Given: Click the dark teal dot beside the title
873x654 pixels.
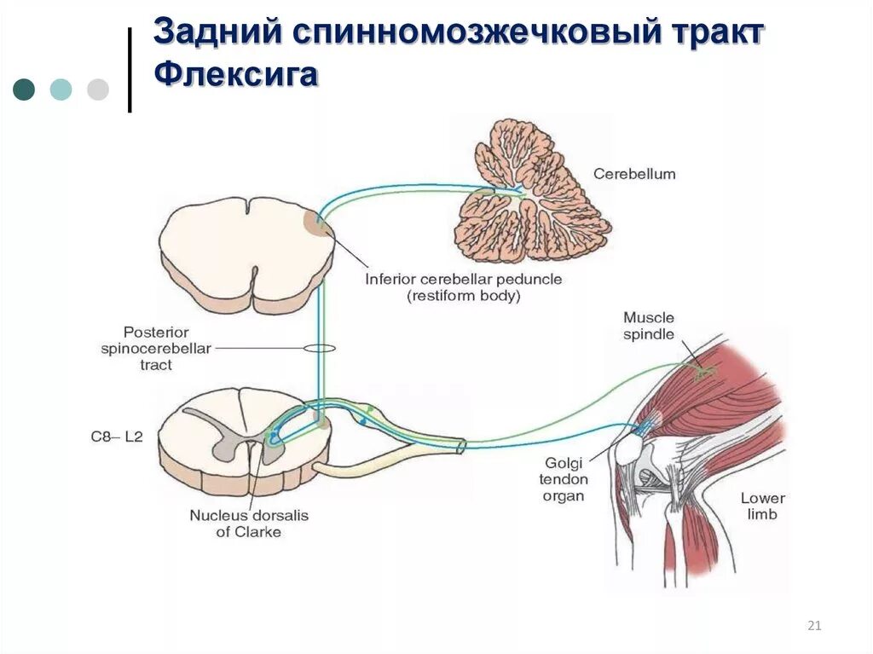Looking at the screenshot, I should (24, 90).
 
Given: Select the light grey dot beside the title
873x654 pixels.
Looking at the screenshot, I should (98, 90).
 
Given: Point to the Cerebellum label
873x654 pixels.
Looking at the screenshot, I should (634, 174).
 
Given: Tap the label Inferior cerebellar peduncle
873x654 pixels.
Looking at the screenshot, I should (464, 279).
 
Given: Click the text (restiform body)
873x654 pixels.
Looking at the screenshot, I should (464, 297).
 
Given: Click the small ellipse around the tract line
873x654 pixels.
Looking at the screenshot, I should (320, 348).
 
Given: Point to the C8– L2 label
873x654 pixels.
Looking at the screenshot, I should (117, 437).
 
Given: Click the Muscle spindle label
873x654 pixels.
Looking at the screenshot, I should (649, 326).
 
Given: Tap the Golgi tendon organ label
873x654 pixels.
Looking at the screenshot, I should (564, 478).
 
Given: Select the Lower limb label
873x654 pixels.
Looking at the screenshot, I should (761, 506).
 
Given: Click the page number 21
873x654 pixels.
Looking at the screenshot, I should (813, 627).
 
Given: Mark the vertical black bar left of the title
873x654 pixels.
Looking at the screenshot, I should (130, 70).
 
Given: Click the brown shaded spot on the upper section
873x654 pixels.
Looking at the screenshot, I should (315, 223).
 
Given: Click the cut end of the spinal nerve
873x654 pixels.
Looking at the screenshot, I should (461, 445).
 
